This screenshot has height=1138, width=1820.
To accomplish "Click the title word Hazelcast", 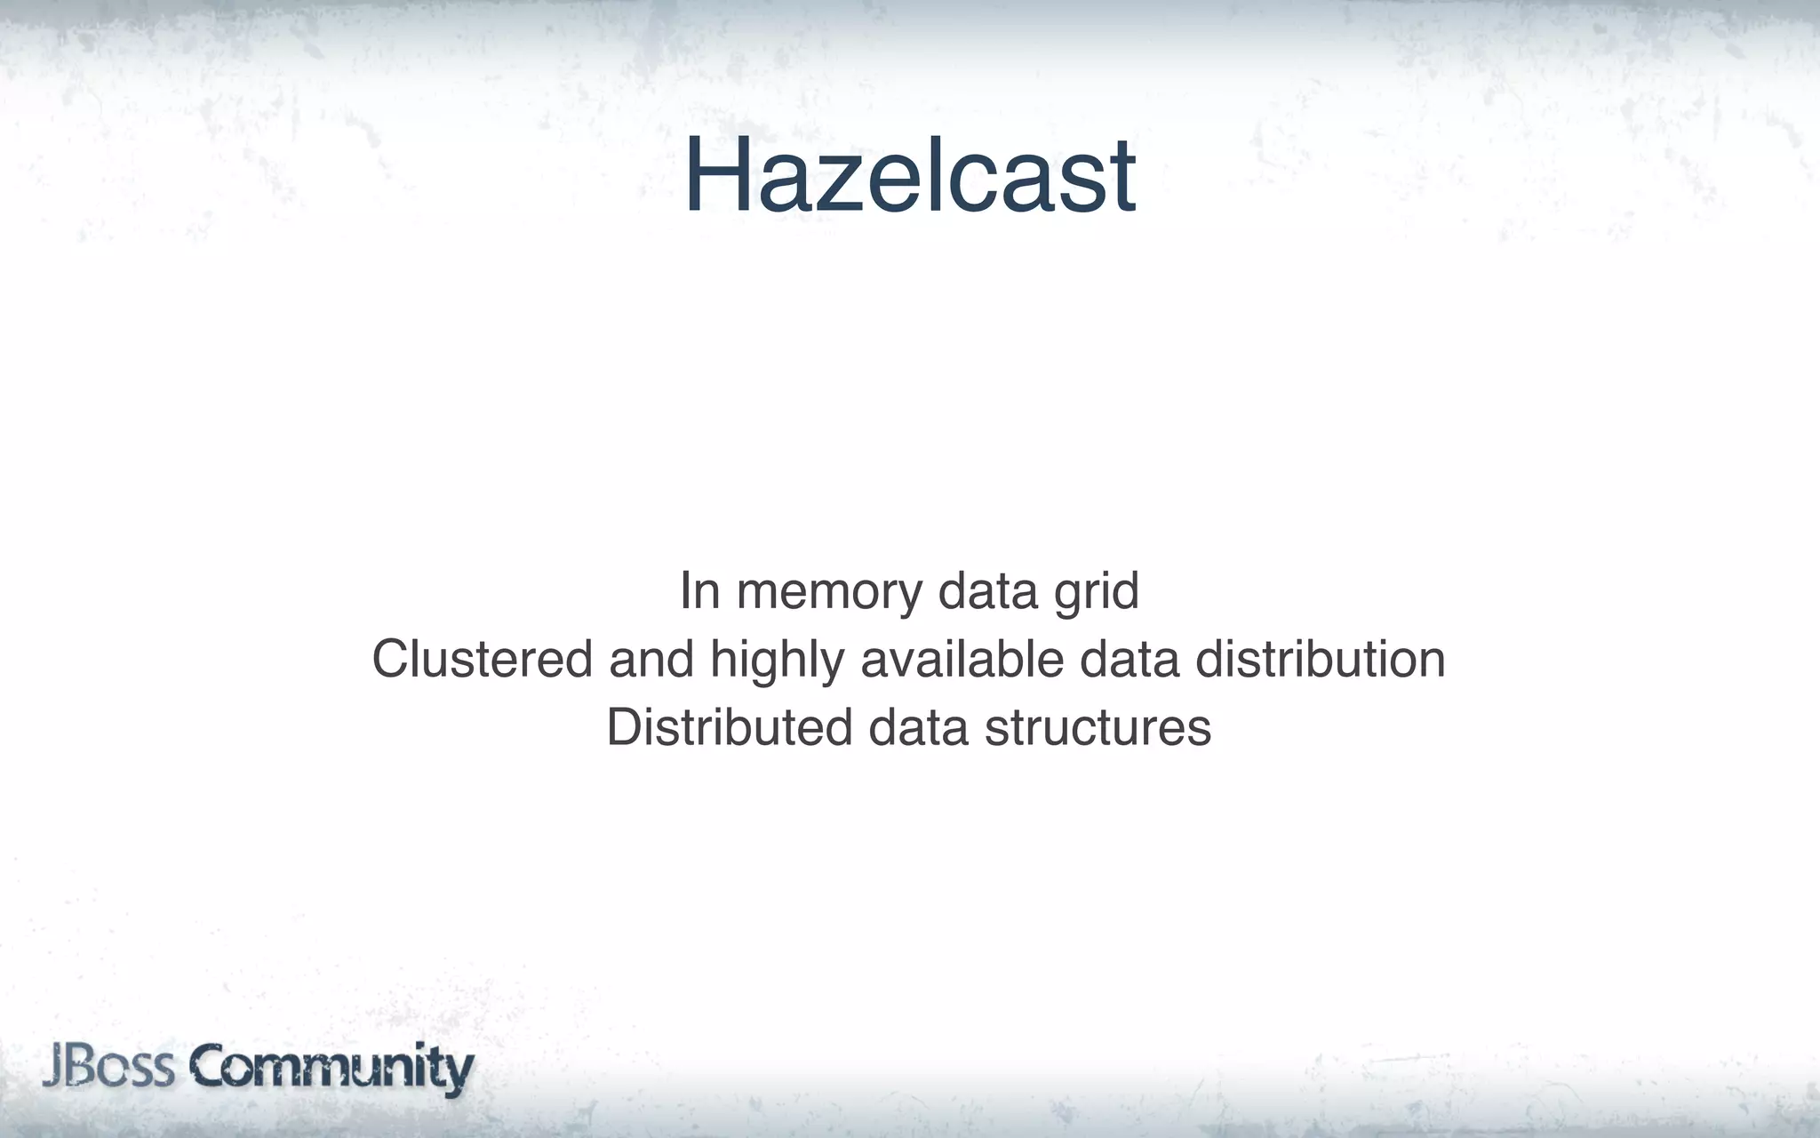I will tap(910, 175).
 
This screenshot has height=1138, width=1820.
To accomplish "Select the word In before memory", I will tap(699, 591).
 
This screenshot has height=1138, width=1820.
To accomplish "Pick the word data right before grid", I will tap(987, 591).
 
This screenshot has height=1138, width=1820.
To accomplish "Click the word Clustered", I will tap(482, 660).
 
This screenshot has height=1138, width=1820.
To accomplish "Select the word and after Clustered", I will tap(651, 660).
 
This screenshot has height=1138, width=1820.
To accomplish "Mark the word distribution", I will tap(1320, 660).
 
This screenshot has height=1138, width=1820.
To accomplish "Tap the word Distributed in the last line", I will tap(729, 727).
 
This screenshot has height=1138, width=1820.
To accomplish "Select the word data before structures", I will tap(918, 727).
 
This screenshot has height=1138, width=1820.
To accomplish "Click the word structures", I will tap(1098, 727).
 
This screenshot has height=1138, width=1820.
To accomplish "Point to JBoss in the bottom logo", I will tap(109, 1068).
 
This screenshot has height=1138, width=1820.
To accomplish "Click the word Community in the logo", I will tap(331, 1070).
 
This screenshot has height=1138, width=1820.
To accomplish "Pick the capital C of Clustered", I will tap(390, 660).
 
